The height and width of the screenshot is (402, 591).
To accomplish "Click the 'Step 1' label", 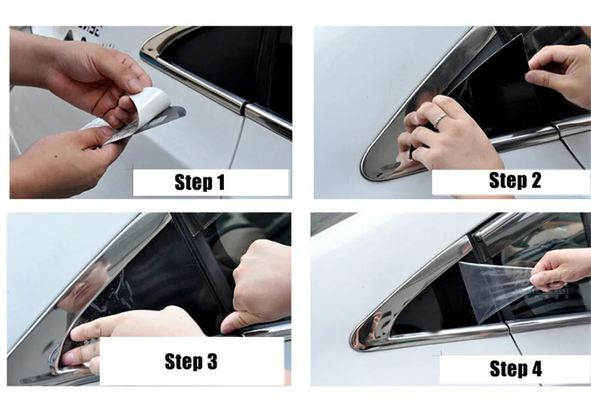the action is [x=200, y=182].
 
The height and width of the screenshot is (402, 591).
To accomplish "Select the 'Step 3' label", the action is [x=191, y=361].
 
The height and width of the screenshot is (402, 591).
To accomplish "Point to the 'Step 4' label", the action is [x=515, y=368].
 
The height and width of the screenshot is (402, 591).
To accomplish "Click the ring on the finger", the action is [x=440, y=120].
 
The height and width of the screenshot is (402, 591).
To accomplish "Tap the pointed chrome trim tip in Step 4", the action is [x=353, y=337].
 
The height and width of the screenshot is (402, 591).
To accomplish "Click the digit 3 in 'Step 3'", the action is [x=212, y=361].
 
